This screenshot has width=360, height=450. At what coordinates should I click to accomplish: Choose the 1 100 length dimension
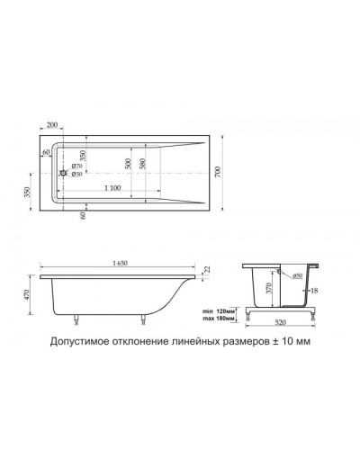[x=112, y=185]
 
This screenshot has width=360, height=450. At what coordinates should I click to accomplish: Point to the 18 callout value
[x=313, y=292]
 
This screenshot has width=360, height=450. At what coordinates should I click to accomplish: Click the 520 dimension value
[x=283, y=323]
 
